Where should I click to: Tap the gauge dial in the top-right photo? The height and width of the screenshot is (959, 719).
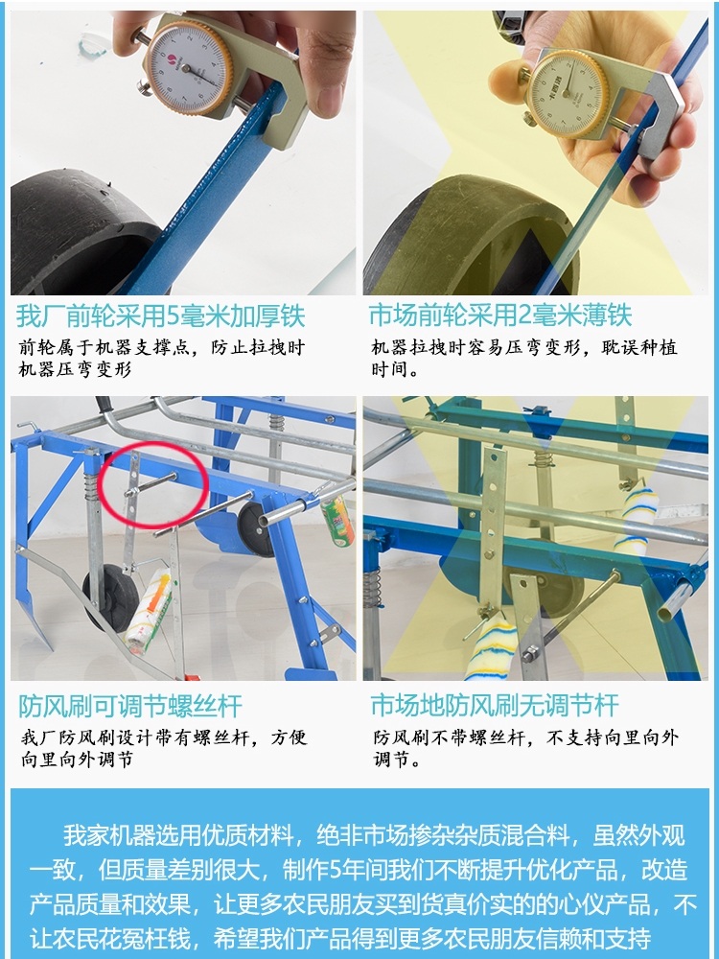pos(568,92)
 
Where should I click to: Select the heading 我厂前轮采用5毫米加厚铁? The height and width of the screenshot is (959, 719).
pos(161,316)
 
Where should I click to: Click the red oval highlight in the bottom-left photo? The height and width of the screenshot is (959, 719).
pos(152,485)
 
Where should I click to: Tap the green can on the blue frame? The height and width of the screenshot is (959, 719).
pos(337,520)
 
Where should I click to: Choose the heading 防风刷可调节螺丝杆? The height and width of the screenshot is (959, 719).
pos(130,707)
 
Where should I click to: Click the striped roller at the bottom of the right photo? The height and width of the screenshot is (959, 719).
pos(490,648)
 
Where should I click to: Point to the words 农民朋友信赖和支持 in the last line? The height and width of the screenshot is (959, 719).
pos(545,938)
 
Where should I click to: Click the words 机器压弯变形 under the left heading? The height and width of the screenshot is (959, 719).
pos(75,370)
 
